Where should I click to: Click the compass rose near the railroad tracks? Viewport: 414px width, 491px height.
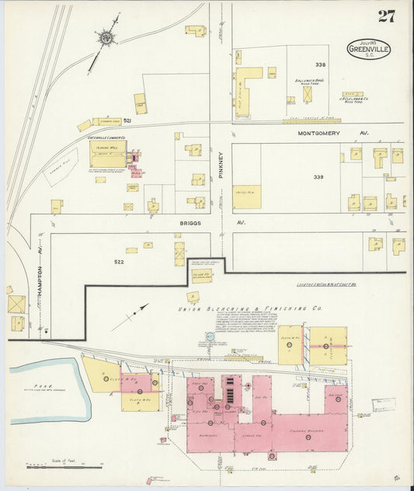104,36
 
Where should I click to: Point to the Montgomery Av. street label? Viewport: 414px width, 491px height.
325,134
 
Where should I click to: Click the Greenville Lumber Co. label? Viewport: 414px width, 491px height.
108,139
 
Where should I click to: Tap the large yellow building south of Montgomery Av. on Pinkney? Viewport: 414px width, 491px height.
247,197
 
